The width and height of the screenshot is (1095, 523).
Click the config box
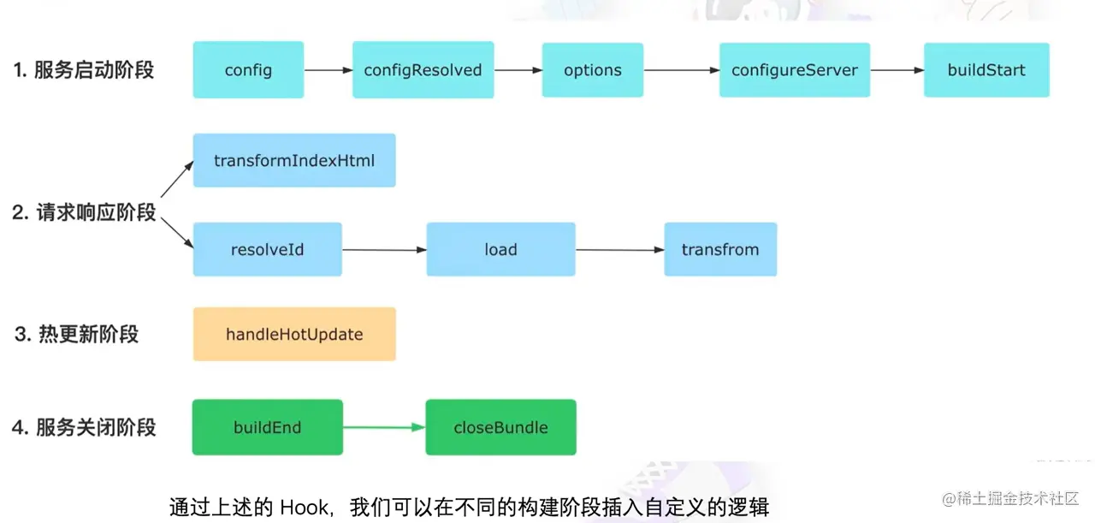coord(248,70)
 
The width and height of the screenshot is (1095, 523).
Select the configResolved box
coord(423,70)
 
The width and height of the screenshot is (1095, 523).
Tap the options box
coord(592,70)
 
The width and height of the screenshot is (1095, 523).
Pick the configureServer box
coord(795,70)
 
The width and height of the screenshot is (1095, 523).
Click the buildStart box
coord(985,70)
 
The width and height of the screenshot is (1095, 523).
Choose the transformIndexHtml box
coord(294,160)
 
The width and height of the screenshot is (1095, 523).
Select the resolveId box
coord(267,250)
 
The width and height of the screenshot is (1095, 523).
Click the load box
coord(500,250)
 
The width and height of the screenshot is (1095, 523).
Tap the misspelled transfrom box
coord(720,250)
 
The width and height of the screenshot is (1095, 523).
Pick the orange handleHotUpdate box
coord(294,335)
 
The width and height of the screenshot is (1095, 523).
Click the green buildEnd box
coord(267,427)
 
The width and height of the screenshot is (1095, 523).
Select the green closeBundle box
coord(500,427)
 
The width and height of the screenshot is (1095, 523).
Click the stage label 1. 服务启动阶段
coord(84,70)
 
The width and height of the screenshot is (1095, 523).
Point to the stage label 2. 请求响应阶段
coord(84,212)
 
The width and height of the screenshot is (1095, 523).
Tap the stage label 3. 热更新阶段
coord(76,335)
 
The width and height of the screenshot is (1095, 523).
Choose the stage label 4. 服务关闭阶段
coord(84,427)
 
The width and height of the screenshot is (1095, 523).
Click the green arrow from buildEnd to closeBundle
coord(383,427)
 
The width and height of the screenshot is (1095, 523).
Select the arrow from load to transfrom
coord(619,250)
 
